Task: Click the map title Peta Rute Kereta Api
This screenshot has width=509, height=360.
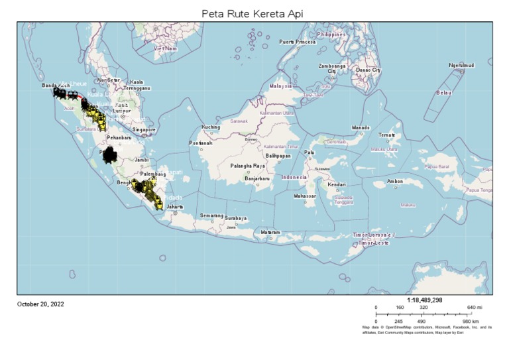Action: [x=255, y=14]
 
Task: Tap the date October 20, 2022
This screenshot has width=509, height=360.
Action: [x=40, y=304]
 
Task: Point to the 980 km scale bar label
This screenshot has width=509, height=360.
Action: [x=471, y=321]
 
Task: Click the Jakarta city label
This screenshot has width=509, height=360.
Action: [x=174, y=207]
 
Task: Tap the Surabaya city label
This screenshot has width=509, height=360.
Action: [x=235, y=218]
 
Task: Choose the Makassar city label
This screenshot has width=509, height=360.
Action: [x=306, y=196]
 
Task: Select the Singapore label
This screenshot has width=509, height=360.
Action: [x=144, y=130]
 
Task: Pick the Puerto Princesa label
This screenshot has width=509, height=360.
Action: [x=298, y=42]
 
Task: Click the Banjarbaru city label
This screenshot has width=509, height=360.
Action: [x=242, y=178]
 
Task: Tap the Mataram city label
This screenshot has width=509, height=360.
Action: [x=270, y=233]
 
